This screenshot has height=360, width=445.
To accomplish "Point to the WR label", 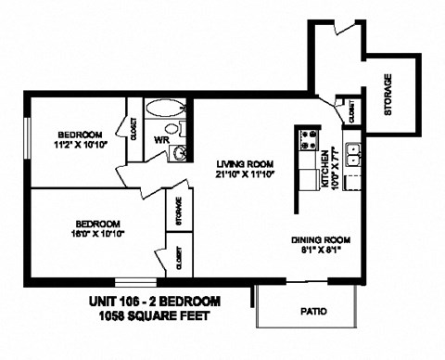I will (x=160, y=140).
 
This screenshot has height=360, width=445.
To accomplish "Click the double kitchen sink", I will (x=352, y=155).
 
